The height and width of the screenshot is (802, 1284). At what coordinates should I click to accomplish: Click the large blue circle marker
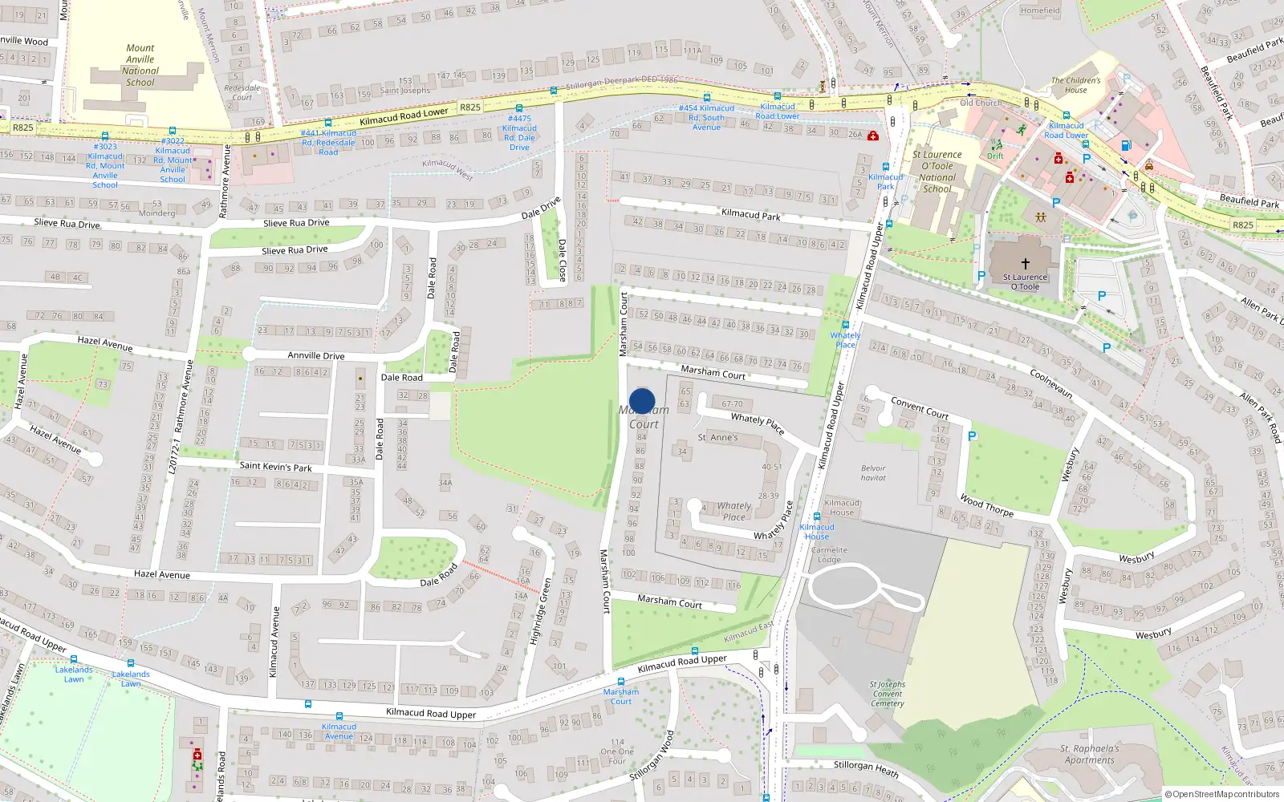pyautogui.click(x=642, y=401)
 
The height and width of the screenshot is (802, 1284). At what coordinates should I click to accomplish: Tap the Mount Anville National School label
pyautogui.click(x=140, y=65)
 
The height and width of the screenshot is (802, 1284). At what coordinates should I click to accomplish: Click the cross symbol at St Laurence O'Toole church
pyautogui.click(x=1025, y=263)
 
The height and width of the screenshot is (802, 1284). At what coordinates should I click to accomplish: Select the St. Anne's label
pyautogui.click(x=717, y=437)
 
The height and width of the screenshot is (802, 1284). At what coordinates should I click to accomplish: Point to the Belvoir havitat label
pyautogui.click(x=873, y=473)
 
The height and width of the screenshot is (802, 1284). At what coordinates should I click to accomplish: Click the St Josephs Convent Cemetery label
pyautogui.click(x=887, y=694)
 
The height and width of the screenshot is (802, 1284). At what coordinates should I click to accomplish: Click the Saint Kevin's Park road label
pyautogui.click(x=275, y=466)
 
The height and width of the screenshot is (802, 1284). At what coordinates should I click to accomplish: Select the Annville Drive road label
pyautogui.click(x=316, y=355)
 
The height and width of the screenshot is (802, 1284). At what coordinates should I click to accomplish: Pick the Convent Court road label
pyautogui.click(x=920, y=408)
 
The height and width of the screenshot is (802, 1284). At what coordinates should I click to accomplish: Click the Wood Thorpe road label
pyautogui.click(x=986, y=505)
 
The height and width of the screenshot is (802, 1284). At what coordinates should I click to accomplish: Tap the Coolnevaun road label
pyautogui.click(x=1050, y=383)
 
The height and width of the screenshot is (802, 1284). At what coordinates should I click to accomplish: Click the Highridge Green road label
pyautogui.click(x=539, y=612)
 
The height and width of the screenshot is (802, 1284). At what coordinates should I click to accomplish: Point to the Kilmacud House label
pyautogui.click(x=841, y=507)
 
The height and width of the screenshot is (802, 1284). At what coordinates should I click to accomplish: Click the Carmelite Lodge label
pyautogui.click(x=829, y=555)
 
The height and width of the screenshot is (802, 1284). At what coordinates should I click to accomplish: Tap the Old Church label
pyautogui.click(x=981, y=103)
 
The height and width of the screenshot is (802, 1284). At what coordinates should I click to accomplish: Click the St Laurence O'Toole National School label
pyautogui.click(x=937, y=172)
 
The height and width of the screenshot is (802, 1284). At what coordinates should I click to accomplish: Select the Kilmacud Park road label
pyautogui.click(x=750, y=214)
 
